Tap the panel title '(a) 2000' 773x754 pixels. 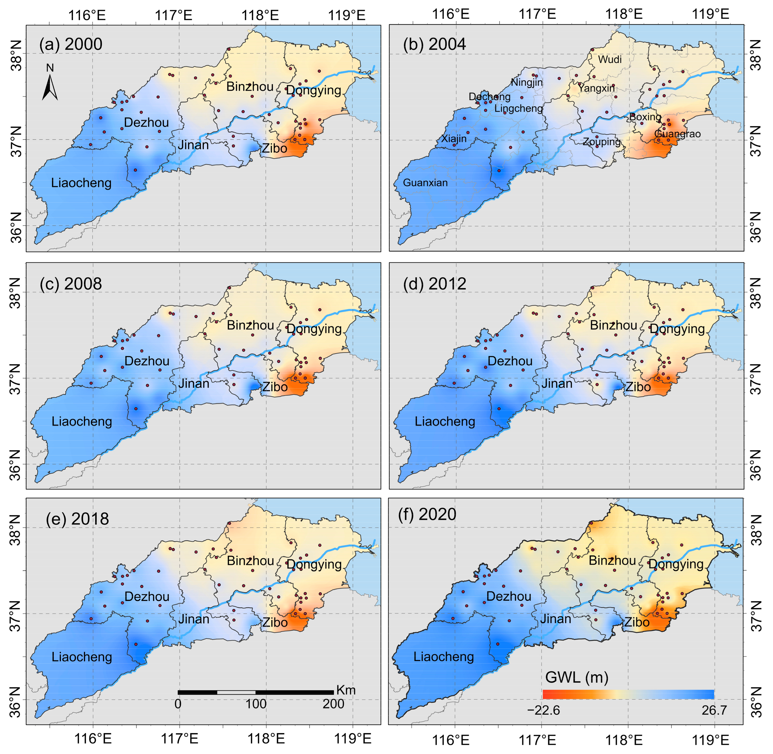(71, 44)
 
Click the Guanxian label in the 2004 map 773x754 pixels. (425, 183)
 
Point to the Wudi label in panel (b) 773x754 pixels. (610, 60)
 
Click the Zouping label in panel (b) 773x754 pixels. (601, 142)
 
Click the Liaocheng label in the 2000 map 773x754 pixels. (81, 183)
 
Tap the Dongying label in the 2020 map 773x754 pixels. (676, 564)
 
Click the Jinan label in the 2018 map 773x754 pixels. (193, 619)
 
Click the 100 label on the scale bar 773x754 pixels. (256, 704)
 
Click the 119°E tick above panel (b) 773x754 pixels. (710, 14)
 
